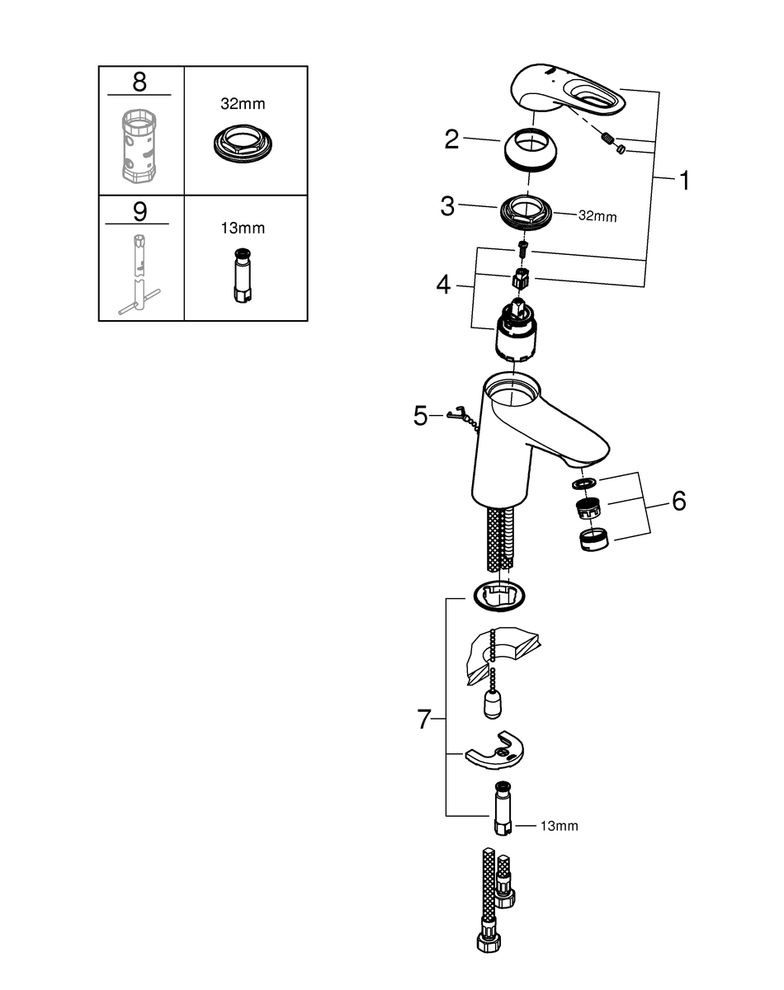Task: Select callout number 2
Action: coord(451,139)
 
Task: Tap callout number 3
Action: coord(447,206)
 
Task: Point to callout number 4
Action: coord(444,285)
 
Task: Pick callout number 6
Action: coord(678,501)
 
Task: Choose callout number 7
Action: coord(424,719)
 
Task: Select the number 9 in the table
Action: coord(139,211)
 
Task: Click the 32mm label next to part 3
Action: coord(596,216)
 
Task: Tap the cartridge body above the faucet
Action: coord(515,333)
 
